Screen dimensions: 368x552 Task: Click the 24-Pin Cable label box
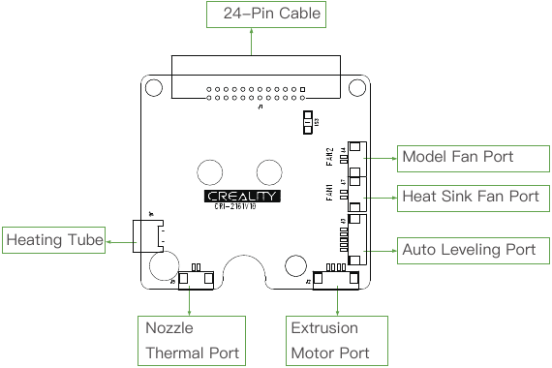point(264,15)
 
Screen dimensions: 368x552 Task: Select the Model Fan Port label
point(457,157)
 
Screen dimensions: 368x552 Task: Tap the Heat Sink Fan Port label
point(470,197)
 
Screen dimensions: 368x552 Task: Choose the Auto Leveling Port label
point(468,250)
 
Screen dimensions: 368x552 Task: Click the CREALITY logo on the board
point(243,196)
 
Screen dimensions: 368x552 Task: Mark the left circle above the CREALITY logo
point(212,171)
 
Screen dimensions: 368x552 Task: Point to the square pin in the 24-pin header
point(302,90)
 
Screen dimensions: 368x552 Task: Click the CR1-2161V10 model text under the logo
point(242,207)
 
